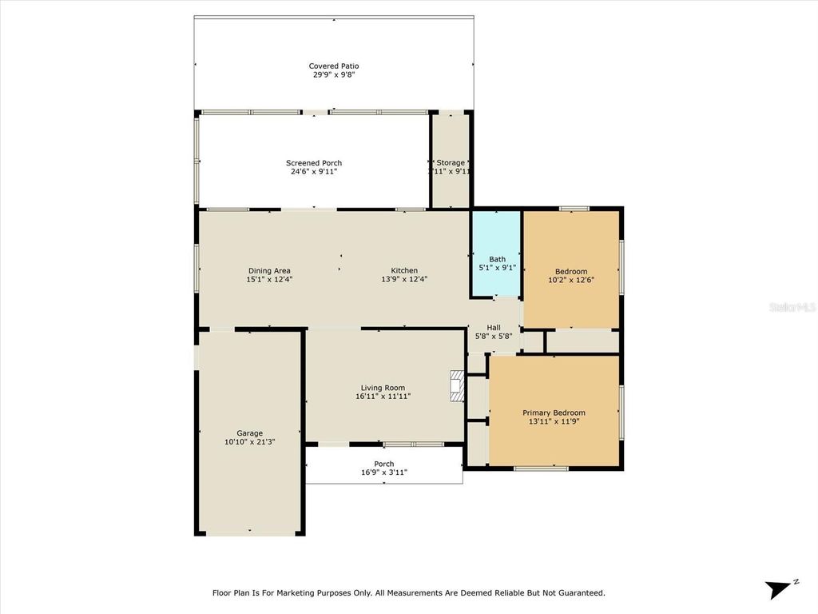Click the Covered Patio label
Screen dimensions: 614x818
[333, 66]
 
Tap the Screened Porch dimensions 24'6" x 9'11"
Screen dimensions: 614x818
[314, 172]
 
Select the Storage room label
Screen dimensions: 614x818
[451, 162]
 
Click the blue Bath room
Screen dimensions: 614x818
[496, 253]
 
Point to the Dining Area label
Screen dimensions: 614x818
[268, 270]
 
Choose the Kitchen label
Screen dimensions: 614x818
[403, 270]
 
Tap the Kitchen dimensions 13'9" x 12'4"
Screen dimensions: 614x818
[403, 280]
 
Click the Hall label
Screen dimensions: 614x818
[494, 327]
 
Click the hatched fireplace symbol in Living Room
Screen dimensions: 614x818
[457, 385]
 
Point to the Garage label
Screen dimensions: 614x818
[249, 433]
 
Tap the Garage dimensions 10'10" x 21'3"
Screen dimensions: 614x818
[249, 442]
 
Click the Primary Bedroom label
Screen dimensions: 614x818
[554, 413]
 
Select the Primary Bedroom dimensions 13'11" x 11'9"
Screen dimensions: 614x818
[554, 421]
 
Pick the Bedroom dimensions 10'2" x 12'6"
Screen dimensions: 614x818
[571, 281]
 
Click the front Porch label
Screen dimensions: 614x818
[384, 464]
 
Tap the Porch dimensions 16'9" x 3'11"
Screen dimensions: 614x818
[384, 472]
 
